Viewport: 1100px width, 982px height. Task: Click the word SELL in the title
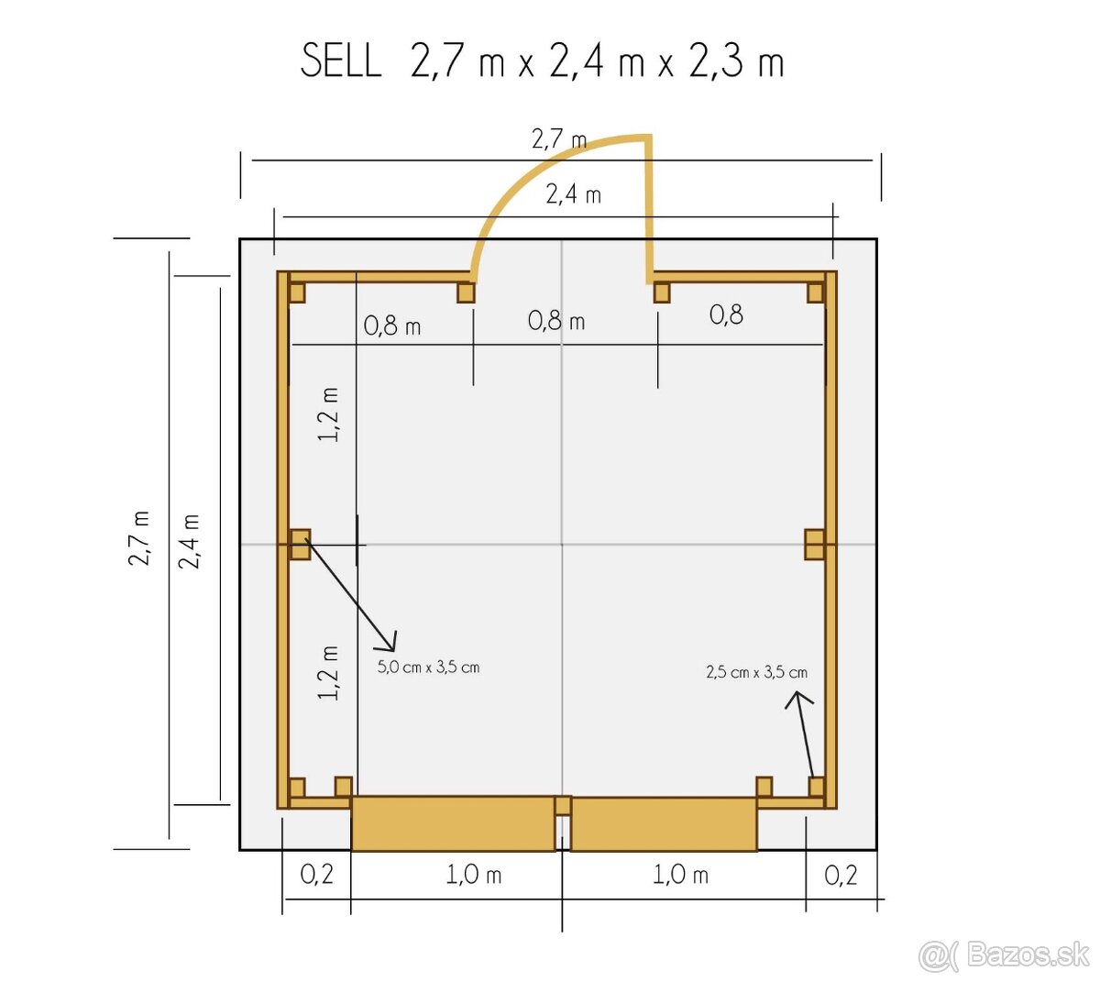341,61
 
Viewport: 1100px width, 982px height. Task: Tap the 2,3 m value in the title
736,61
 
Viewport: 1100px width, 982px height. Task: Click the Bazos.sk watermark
1004,955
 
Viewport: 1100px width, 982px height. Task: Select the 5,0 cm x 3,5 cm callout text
428,667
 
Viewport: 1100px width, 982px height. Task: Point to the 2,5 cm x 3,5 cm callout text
756,672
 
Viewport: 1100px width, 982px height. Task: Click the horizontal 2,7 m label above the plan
559,139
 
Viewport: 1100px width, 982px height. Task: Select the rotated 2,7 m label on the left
139,538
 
